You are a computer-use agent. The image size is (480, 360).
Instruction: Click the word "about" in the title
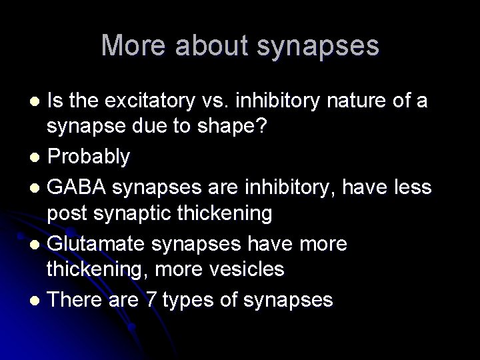(x=213, y=45)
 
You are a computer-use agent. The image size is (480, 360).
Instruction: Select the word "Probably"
(x=89, y=157)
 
